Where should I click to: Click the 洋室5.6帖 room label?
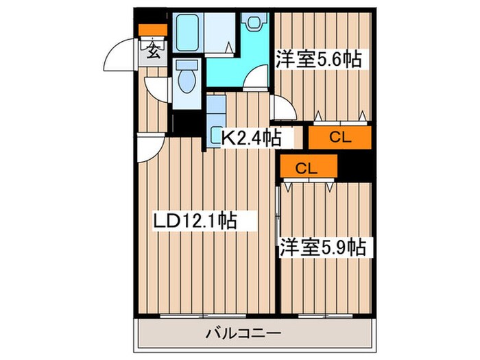coord(319,59)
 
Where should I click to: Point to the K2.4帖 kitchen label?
coord(250,137)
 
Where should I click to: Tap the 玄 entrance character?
coord(152,50)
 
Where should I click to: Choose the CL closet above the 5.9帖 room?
coord(308,167)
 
